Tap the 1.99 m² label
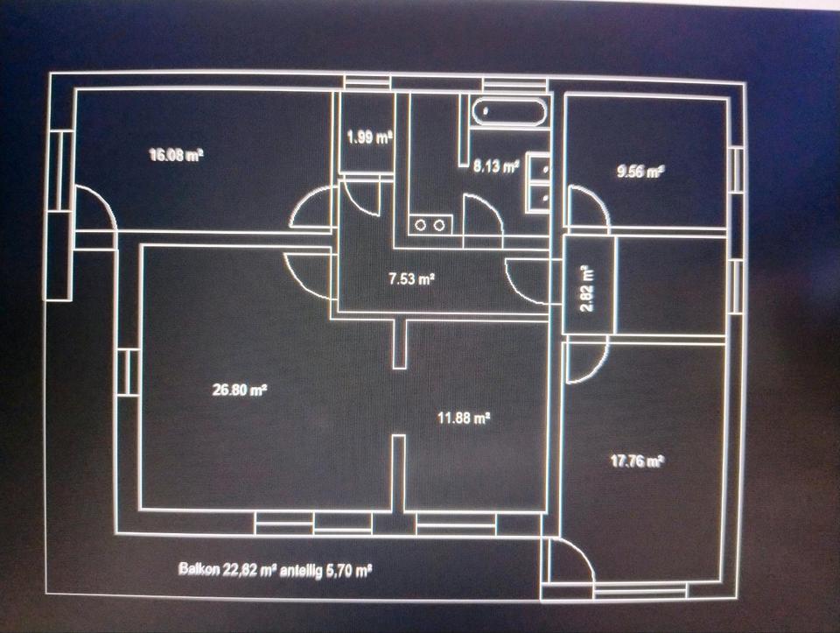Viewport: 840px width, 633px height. (368, 137)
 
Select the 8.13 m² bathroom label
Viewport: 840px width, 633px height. (496, 165)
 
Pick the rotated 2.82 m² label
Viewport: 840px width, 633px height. (587, 289)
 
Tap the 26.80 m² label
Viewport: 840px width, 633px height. (239, 390)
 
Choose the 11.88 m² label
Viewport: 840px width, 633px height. (463, 418)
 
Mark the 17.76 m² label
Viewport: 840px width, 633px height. (636, 461)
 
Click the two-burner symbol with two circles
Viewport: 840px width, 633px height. (430, 225)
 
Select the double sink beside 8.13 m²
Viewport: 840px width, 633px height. (539, 183)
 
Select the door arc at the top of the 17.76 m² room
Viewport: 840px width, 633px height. (584, 361)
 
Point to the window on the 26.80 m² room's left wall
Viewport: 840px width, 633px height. (128, 371)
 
